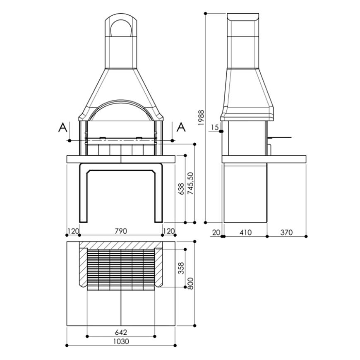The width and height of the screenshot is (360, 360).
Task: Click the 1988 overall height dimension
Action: (201, 118)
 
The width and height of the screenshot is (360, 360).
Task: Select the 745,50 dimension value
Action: (191, 183)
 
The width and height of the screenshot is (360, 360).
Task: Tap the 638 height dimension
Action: (181, 189)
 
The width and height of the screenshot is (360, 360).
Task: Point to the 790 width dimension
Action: (121, 231)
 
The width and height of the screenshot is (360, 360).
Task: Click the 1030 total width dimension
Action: (121, 341)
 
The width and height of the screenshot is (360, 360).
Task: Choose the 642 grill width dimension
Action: (121, 332)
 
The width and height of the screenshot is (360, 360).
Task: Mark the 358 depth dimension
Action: (181, 268)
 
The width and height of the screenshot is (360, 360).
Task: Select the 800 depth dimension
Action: (191, 283)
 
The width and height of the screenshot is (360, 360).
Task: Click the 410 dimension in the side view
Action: (246, 233)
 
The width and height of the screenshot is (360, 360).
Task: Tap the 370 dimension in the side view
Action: (286, 233)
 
